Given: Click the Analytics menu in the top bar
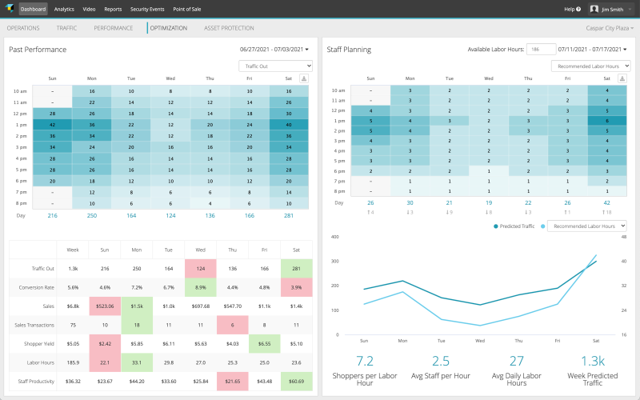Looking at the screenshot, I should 64,9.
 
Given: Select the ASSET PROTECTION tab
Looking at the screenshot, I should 229,28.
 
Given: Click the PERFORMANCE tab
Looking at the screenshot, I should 114,28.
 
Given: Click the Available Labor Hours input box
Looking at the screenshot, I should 541,50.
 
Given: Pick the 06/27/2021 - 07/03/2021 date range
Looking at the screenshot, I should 274,50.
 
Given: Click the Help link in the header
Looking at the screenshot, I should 572,9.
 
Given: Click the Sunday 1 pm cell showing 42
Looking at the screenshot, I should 52,125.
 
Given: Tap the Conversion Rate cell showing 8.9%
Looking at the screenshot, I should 201,286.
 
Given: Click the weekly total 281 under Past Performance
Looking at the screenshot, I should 289,215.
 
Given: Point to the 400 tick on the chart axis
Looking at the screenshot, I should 335,238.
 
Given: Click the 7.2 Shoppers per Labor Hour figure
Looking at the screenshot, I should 365,361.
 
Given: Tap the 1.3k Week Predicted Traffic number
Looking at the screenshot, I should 594,361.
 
